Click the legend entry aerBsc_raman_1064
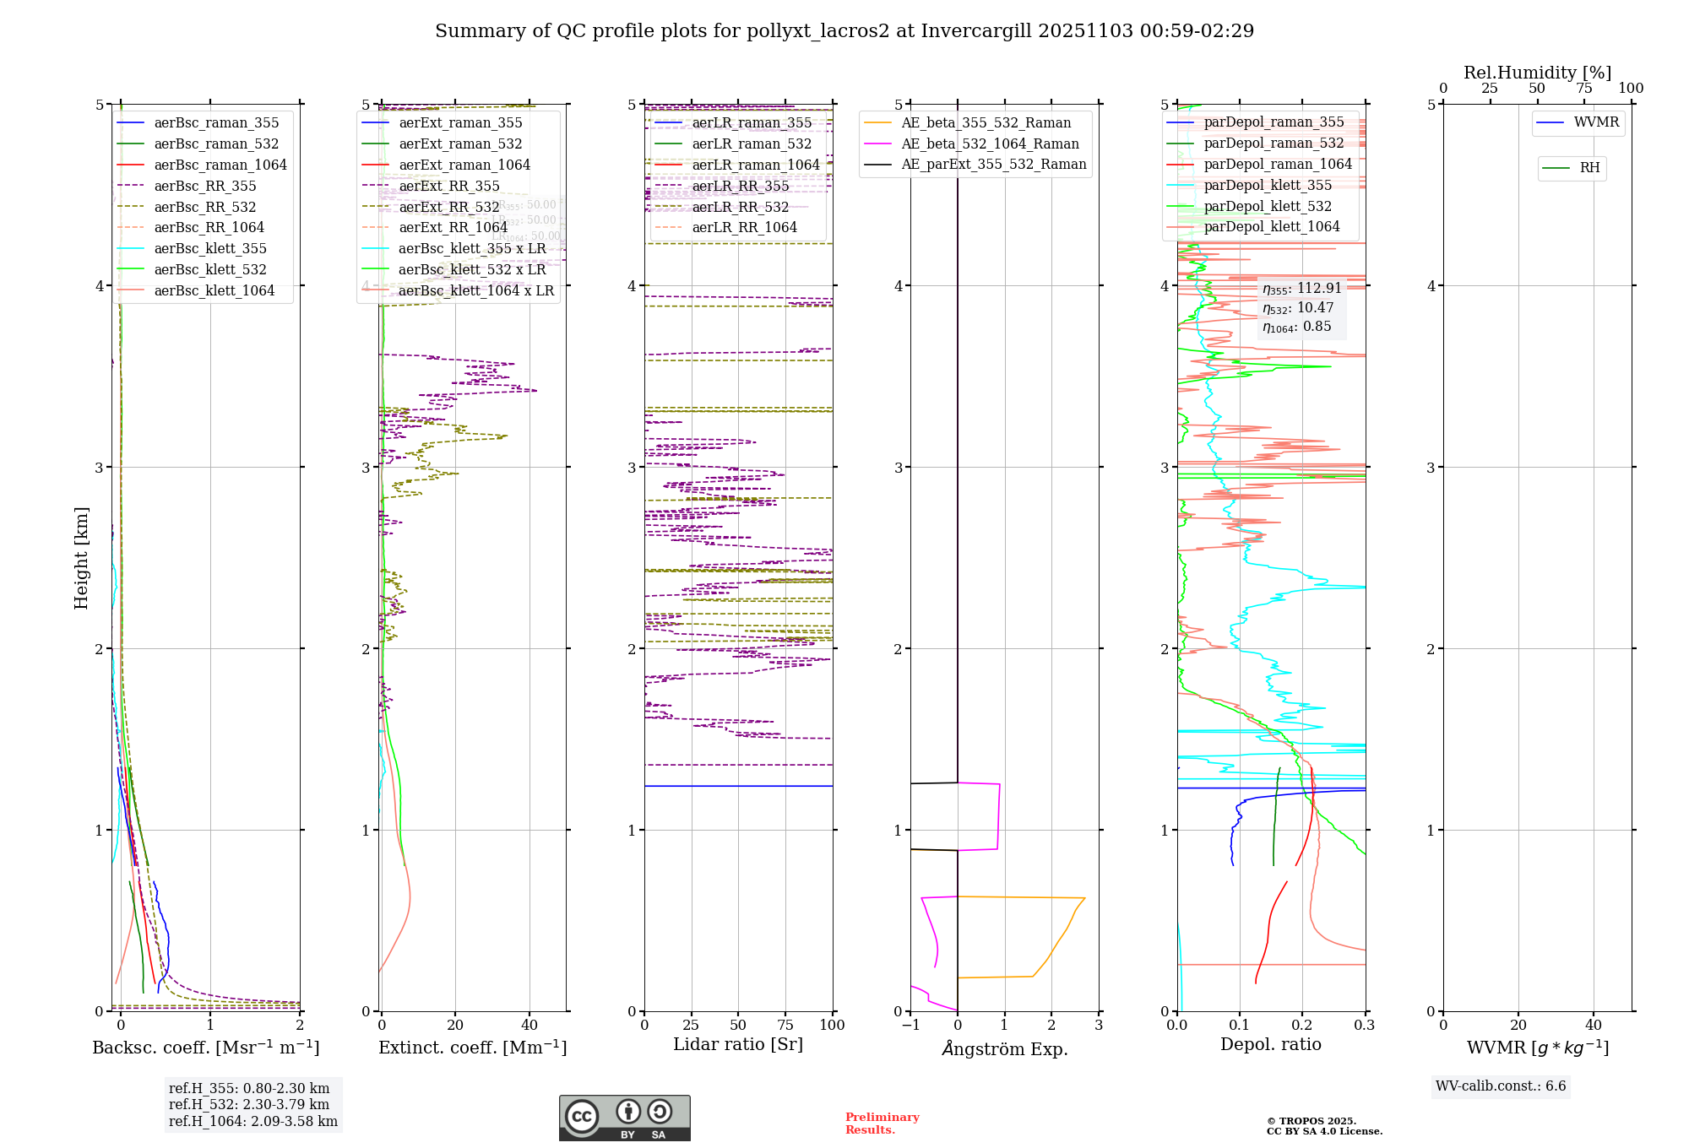click(220, 165)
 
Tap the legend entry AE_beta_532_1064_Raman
click(990, 143)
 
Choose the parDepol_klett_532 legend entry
click(1267, 206)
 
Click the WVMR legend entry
click(1596, 122)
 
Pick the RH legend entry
click(1589, 168)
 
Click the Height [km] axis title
click(81, 558)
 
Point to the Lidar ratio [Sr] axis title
click(737, 1044)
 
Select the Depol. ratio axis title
click(1270, 1044)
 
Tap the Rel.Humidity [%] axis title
click(1537, 73)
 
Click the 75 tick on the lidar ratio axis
click(785, 1025)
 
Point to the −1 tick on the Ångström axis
click(910, 1025)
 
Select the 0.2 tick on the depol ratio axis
click(1302, 1025)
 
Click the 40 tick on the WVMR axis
click(1593, 1025)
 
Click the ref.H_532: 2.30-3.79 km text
click(249, 1104)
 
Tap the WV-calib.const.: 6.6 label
click(1501, 1086)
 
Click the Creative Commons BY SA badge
click(624, 1118)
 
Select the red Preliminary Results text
click(882, 1123)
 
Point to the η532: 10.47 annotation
click(1298, 308)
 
